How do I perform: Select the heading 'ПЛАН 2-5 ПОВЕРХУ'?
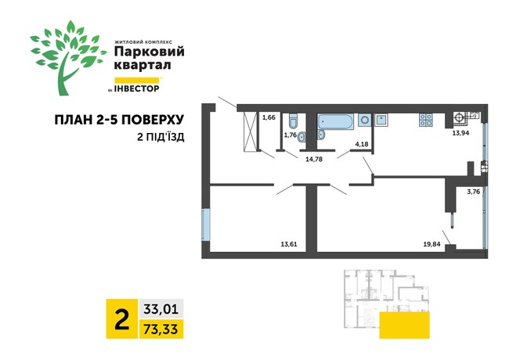119,120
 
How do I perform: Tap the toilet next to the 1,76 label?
291,121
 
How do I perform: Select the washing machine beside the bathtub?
365,121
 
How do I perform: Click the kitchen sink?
382,121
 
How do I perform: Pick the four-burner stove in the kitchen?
426,121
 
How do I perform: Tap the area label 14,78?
313,160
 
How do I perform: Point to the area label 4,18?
362,144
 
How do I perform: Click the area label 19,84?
432,244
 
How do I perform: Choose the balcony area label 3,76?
474,191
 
